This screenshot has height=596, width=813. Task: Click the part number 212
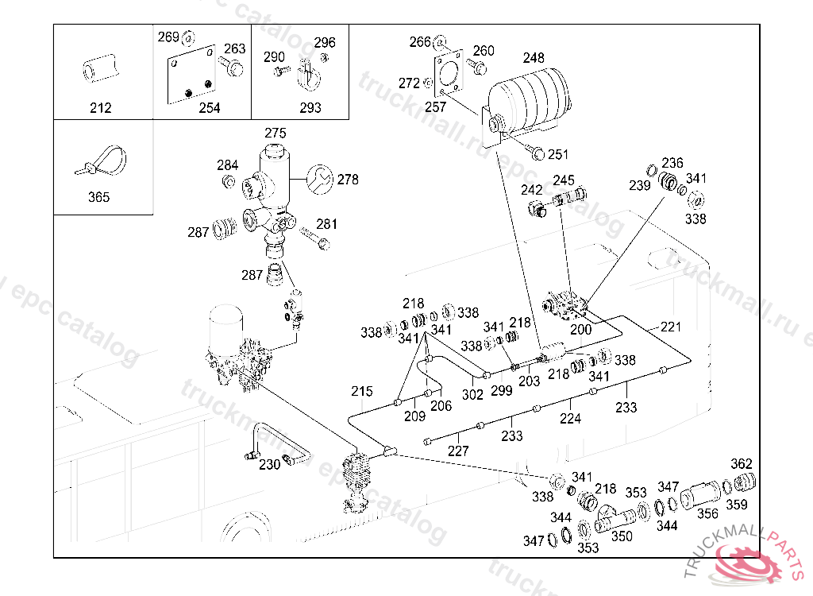point(101,108)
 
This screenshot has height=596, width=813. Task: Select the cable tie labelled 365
point(100,162)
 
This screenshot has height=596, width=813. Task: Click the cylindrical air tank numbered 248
point(528,99)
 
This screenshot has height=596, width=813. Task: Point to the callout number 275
point(275,133)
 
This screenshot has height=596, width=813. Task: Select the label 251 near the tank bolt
point(559,154)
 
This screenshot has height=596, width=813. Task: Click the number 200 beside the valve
point(581,329)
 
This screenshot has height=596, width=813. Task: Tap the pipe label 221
point(671,327)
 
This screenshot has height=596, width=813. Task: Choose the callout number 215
point(362,391)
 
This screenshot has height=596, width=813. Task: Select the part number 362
point(741,463)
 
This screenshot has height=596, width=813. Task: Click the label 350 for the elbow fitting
point(622,536)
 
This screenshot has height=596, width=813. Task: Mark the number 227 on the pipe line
point(458,451)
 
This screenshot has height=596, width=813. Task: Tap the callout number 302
point(472,393)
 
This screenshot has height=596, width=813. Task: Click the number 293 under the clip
point(310,108)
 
